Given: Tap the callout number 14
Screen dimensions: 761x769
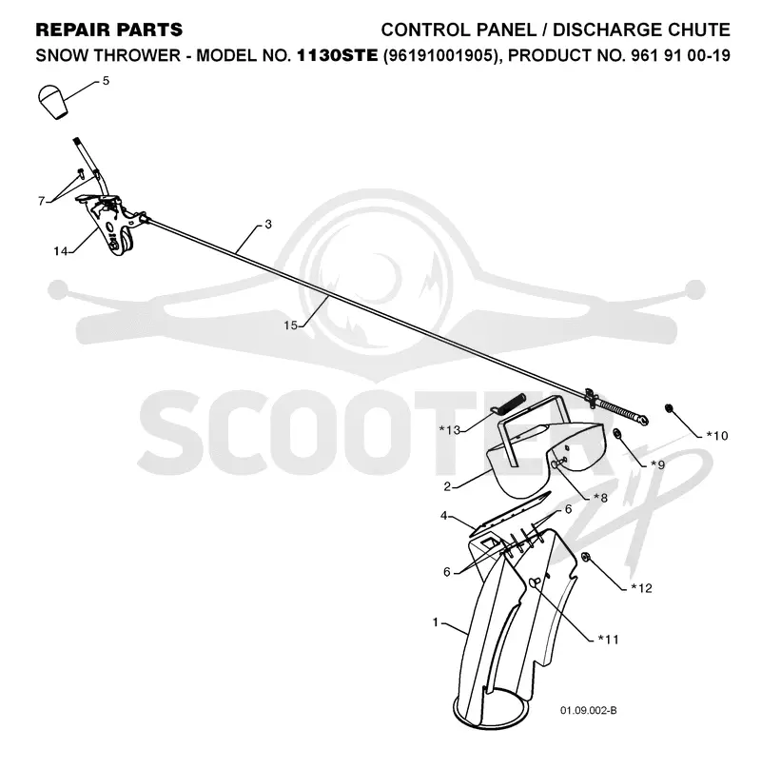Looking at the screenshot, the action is (x=60, y=251).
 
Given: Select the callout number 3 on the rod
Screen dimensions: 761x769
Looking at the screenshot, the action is (x=267, y=224).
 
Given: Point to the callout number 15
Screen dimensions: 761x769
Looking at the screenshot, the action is (x=291, y=325).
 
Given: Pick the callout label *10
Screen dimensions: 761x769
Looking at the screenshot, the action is (x=717, y=436).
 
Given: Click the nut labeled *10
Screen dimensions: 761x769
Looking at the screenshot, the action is (x=668, y=408).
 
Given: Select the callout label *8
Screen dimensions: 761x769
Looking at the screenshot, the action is (x=600, y=498).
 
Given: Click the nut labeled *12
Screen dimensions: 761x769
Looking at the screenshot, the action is (x=585, y=556).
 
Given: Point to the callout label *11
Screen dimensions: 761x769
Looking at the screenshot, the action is (x=609, y=639).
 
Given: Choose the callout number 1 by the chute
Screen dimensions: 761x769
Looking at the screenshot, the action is (x=436, y=622).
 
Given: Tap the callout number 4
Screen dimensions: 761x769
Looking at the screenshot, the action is (x=443, y=516).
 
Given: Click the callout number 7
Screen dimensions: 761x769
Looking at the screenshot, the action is (x=42, y=201).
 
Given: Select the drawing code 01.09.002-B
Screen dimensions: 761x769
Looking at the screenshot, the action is (x=589, y=711).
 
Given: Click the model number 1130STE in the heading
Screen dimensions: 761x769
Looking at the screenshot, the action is (x=338, y=55).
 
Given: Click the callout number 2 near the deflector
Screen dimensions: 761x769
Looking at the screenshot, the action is (x=447, y=486).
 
